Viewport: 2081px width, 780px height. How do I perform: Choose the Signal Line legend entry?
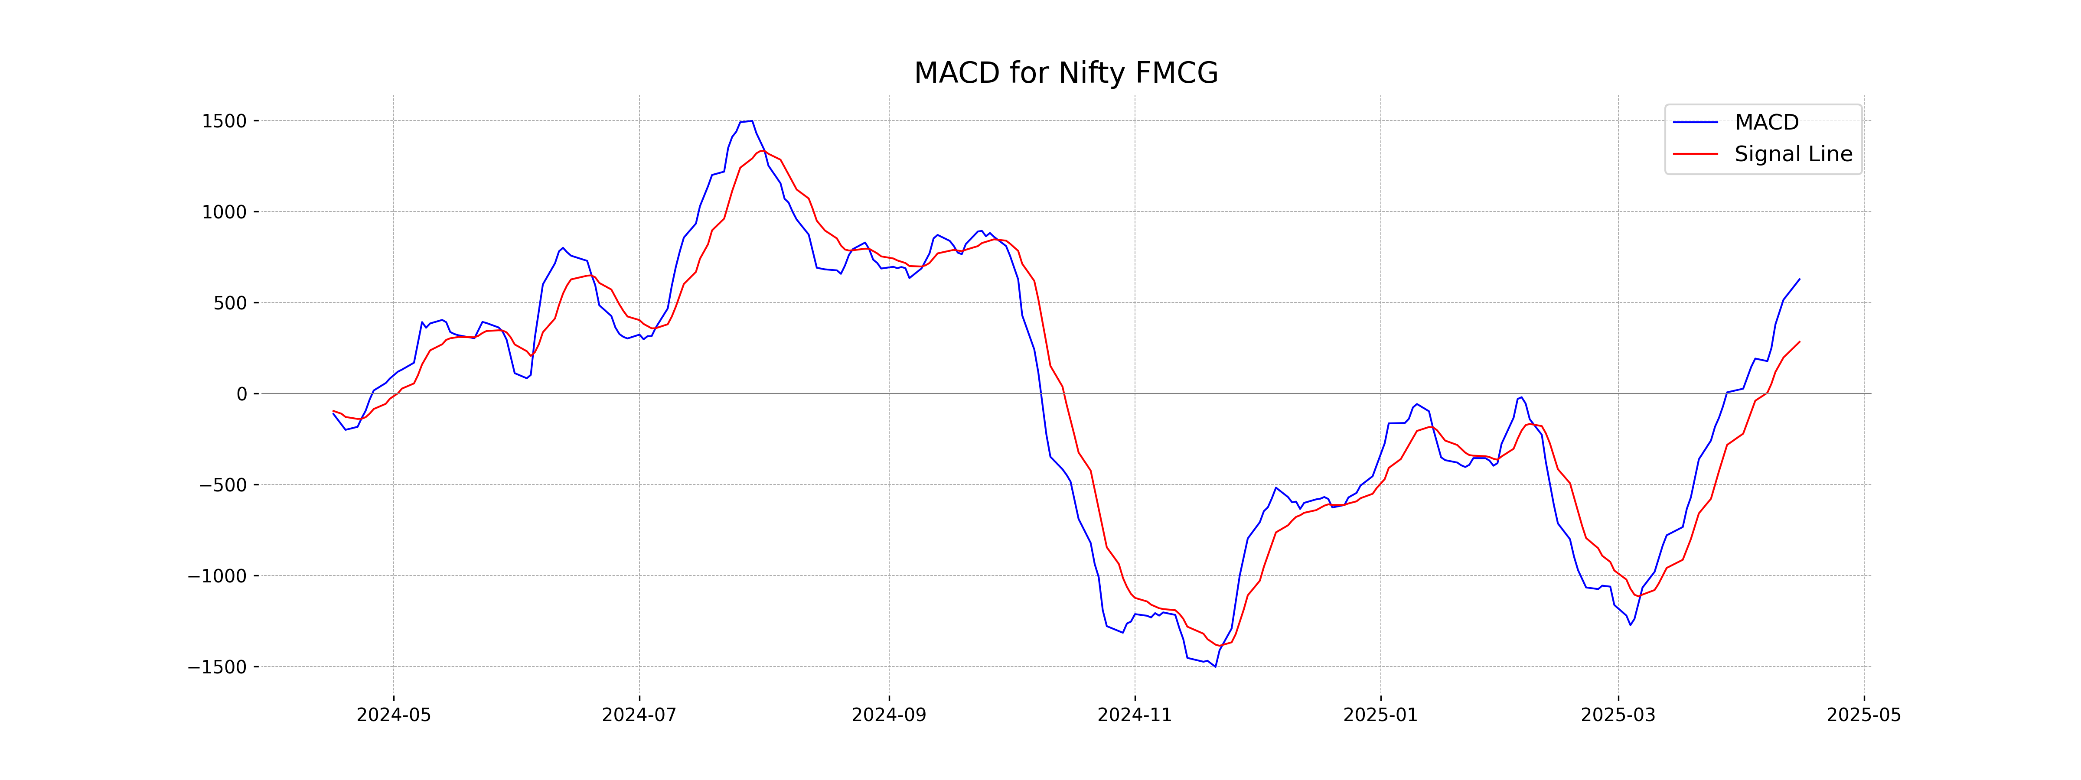tap(1793, 154)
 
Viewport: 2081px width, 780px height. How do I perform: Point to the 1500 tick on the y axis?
tap(224, 121)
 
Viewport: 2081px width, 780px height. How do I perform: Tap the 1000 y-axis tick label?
tap(224, 212)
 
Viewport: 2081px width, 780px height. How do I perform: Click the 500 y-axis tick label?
tap(230, 304)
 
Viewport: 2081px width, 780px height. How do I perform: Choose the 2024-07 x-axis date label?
tap(639, 715)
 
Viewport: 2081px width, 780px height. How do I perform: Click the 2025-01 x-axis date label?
tap(1380, 715)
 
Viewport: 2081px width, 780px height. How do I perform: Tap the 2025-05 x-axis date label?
tap(1864, 715)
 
